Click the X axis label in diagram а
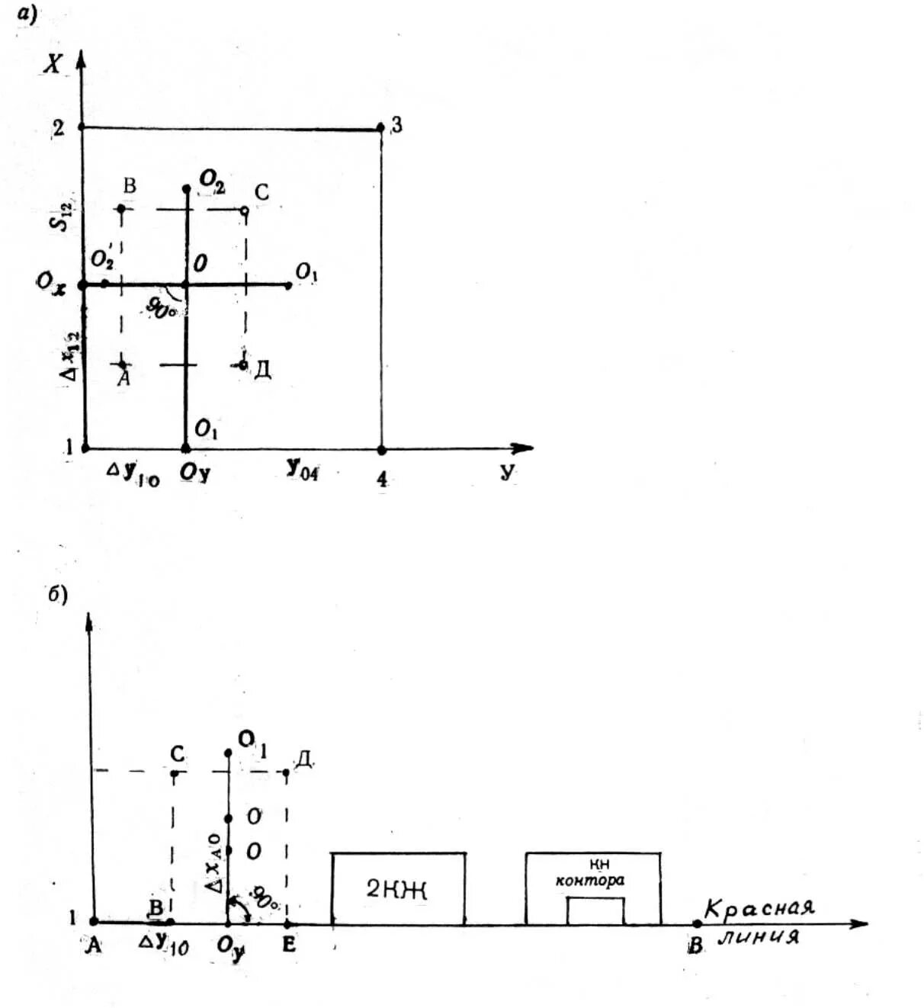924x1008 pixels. (x=53, y=63)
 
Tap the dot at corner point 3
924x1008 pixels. (x=380, y=127)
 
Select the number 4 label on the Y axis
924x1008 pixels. (x=382, y=479)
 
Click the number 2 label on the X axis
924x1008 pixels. (x=58, y=127)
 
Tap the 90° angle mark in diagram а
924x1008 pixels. (x=162, y=307)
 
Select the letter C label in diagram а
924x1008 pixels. (x=261, y=192)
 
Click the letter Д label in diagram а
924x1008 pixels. (x=262, y=370)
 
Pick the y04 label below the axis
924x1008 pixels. (x=303, y=470)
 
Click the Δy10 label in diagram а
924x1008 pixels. (x=133, y=474)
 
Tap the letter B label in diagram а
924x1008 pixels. (x=130, y=185)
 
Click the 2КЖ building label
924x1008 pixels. (x=396, y=889)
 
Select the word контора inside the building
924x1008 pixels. (x=590, y=880)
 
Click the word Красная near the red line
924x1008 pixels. (x=759, y=908)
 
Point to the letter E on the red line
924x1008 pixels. (x=288, y=945)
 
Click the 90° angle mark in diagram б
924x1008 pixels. (x=265, y=897)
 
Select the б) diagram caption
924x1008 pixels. (x=58, y=594)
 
